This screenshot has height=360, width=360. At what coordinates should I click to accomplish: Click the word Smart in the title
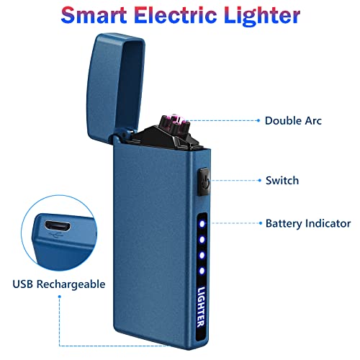pos(94,15)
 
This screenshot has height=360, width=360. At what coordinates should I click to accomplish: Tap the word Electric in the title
pos(176,15)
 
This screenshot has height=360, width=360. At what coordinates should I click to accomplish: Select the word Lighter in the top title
pos(262,17)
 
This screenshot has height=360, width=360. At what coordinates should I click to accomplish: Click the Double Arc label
pos(293,121)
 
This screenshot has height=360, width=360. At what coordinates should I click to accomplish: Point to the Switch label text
pos(282,181)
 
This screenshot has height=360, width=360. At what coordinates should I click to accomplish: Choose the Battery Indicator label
pos(308,224)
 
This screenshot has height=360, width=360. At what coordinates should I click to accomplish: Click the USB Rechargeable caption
pos(59,284)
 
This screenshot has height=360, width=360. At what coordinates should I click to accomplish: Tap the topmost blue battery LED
pos(202,224)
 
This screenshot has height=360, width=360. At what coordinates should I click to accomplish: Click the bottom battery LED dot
pos(202,271)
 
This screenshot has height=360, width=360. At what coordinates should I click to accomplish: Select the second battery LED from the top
pos(202,240)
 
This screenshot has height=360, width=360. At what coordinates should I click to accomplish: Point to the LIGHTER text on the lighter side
pos(201,307)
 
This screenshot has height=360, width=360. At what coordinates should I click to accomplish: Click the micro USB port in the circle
pos(58,226)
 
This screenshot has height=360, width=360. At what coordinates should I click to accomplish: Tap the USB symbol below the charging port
pos(56,235)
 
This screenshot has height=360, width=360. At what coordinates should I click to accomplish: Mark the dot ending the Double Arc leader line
pos(258,120)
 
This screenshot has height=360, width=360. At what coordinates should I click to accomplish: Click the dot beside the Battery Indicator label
pos(261,223)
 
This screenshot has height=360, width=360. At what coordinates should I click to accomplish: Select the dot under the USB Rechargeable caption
pos(60,297)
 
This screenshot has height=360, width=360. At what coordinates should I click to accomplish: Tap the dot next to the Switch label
pos(259,180)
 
